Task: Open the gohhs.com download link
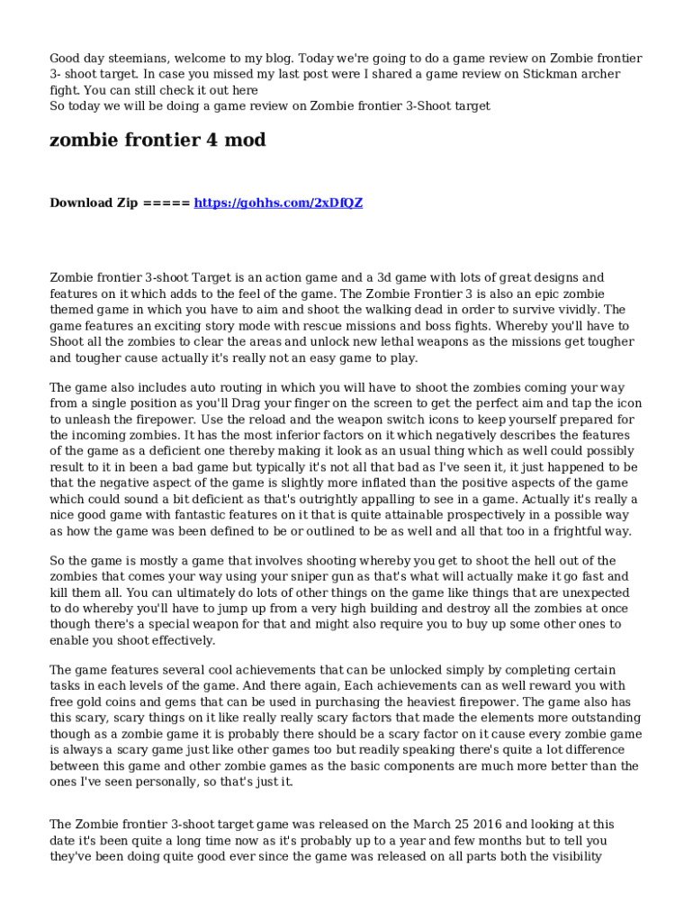[x=279, y=203]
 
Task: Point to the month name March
[x=433, y=824]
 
